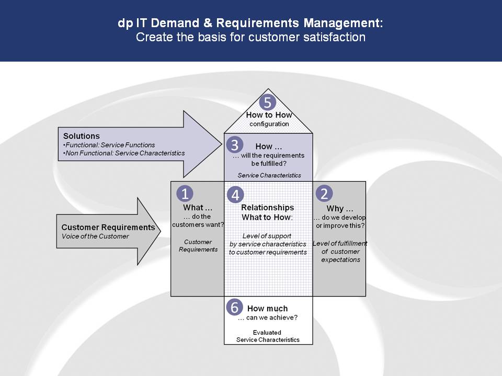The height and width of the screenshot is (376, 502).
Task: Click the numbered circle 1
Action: point(185,194)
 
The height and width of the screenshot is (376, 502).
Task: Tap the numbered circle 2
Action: point(324,194)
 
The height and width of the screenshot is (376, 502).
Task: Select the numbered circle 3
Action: point(235,145)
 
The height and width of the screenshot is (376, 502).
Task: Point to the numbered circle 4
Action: point(235,195)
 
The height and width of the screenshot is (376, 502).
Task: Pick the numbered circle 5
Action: point(268,103)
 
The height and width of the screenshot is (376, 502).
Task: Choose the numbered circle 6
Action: point(234,307)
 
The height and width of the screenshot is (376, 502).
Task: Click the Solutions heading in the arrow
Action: point(82,136)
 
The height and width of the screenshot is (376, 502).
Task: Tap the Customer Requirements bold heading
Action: point(108,227)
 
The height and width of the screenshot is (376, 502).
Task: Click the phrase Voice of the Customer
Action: point(95,236)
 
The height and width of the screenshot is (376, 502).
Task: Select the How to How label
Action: point(269,115)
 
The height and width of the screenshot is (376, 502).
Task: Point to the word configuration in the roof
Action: point(269,124)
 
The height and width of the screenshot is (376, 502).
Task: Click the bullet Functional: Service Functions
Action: point(109,145)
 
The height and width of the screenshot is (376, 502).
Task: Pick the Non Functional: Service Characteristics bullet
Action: point(124,153)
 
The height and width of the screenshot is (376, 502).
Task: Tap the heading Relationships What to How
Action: point(268,213)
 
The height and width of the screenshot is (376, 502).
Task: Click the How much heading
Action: point(268,309)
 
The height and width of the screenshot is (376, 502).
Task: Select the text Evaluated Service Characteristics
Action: point(268,336)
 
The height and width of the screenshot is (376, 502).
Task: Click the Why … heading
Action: point(340,209)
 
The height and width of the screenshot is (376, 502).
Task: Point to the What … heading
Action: point(198,207)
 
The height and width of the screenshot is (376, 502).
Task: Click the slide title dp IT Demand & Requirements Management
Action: point(250,23)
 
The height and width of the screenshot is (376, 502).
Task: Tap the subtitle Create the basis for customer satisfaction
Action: point(250,37)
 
